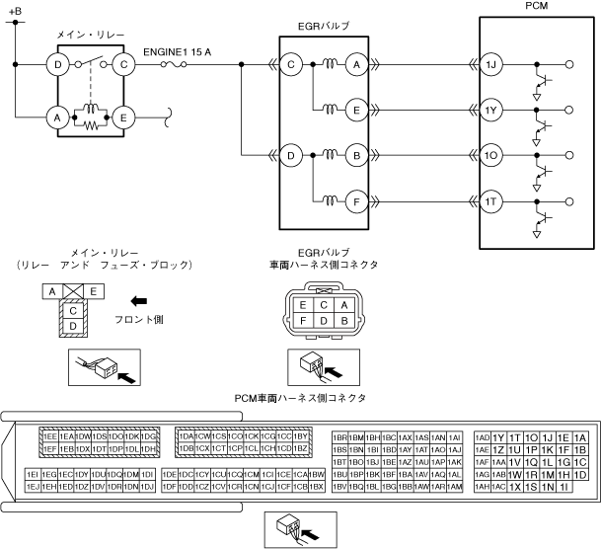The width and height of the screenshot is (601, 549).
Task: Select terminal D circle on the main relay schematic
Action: click(x=59, y=66)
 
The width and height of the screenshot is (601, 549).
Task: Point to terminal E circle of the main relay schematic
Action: click(x=124, y=118)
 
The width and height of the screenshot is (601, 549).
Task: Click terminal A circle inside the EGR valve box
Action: click(x=355, y=66)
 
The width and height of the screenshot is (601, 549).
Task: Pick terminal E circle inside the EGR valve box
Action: click(x=355, y=111)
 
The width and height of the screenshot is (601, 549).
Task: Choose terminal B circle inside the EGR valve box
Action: click(x=355, y=155)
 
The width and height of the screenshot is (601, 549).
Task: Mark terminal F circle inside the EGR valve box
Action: click(x=355, y=202)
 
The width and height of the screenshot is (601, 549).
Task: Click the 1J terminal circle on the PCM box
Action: click(x=493, y=66)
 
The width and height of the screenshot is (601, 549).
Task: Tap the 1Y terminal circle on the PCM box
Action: click(x=493, y=111)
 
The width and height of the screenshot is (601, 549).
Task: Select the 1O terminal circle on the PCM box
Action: click(x=493, y=155)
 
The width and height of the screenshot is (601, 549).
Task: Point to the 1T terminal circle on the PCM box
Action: click(x=493, y=202)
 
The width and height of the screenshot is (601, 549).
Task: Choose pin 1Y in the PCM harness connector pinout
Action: click(x=498, y=437)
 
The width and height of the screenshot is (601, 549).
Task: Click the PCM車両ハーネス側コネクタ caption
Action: click(x=300, y=397)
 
